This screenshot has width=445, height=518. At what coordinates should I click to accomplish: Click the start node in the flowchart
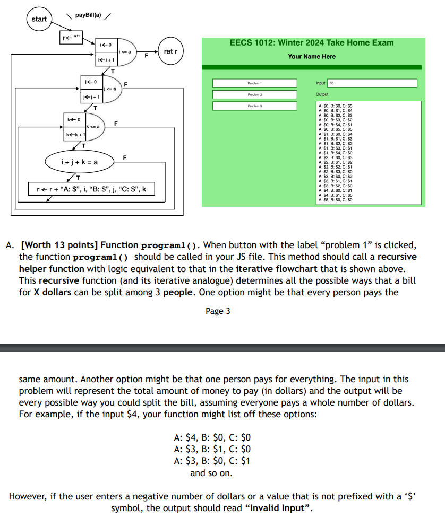(x=39, y=19)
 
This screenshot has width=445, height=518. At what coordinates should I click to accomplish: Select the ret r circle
(x=171, y=51)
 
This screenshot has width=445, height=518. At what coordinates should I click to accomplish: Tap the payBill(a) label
(x=88, y=15)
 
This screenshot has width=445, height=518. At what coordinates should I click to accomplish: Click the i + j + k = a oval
(x=79, y=162)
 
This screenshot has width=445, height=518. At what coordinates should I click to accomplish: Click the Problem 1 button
(x=254, y=83)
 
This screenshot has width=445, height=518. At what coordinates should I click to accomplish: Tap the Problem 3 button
(x=254, y=106)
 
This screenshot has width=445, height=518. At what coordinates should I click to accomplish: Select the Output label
(x=322, y=94)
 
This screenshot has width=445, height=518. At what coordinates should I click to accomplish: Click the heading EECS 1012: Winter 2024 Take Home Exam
(x=312, y=42)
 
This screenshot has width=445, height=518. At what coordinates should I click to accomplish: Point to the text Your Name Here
(x=312, y=56)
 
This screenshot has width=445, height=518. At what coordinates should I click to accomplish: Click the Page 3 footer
(x=218, y=311)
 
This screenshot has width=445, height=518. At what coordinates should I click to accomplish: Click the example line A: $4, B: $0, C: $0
(x=212, y=438)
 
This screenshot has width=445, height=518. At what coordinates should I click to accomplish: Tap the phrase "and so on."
(x=211, y=473)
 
